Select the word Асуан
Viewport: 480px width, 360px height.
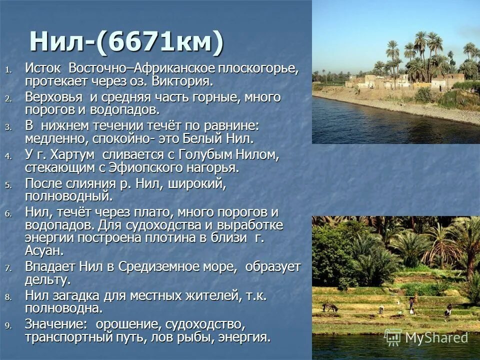pyautogui.click(x=44, y=249)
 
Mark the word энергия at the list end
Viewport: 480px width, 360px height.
pyautogui.click(x=243, y=336)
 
